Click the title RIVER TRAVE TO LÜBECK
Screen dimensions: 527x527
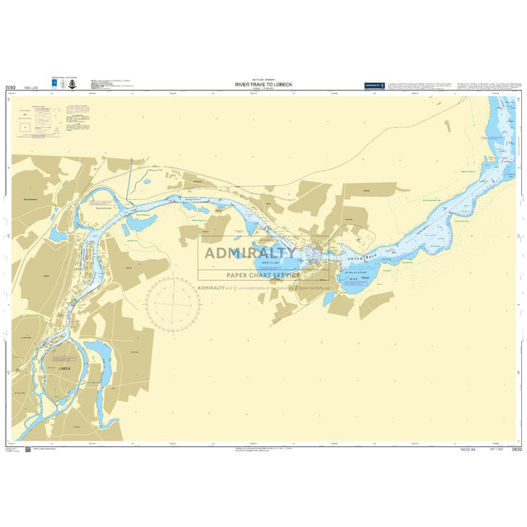263,83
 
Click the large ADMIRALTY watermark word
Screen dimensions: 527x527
251,254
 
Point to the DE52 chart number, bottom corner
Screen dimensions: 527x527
517,450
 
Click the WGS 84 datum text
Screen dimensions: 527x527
470,450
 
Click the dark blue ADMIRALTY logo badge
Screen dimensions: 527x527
375,85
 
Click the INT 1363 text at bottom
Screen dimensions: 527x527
497,450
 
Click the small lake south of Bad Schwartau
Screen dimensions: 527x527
58,235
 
